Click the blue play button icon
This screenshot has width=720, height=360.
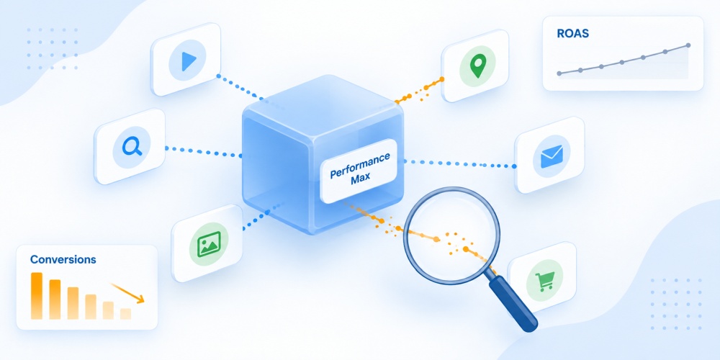pos(189,61)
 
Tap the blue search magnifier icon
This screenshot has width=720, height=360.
pos(132,146)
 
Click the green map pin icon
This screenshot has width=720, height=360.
pos(478,66)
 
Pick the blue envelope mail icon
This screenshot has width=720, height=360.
pos(552,156)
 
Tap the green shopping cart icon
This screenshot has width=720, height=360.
pos(545,281)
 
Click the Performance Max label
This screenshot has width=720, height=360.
pos(359,171)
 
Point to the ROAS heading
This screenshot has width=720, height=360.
pos(572,34)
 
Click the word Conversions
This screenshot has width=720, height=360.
pos(63,259)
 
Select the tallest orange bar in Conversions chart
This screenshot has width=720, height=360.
pos(36,296)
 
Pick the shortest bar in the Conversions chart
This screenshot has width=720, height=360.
pos(125,314)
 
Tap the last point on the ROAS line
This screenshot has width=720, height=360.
pos(688,45)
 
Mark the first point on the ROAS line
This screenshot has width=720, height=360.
pos(559,73)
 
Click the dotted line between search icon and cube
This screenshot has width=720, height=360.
pos(204,152)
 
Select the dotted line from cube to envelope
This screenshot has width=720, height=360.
pos(459,163)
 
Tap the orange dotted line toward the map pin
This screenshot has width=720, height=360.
pos(419,91)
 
